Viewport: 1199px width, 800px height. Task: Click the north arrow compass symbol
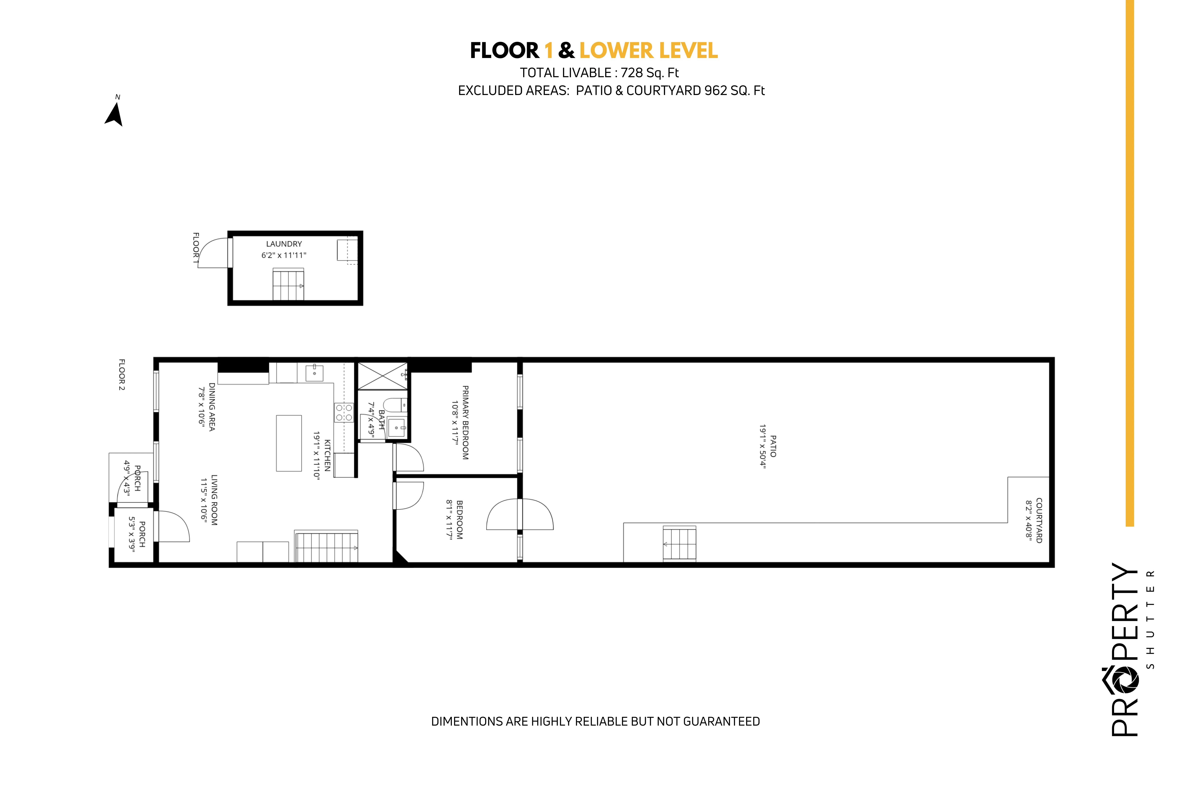point(114,114)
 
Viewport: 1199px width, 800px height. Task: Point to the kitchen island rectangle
point(289,443)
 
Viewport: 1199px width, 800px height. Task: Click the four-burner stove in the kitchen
point(344,412)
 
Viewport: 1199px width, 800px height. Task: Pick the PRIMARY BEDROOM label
point(465,422)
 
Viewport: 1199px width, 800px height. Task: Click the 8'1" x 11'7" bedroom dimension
point(449,519)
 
